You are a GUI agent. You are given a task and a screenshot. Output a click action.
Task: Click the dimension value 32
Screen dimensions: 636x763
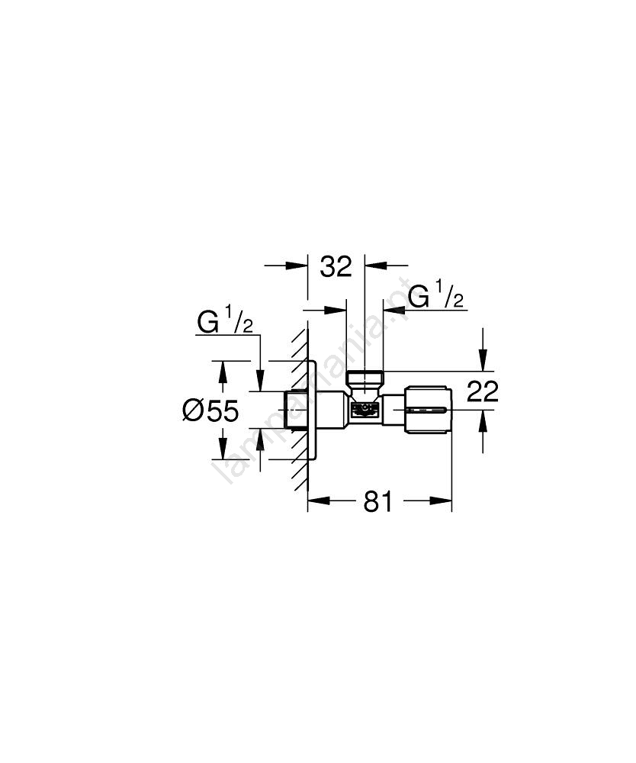(x=336, y=266)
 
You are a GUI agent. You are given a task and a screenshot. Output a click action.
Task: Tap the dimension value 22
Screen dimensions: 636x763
(x=483, y=391)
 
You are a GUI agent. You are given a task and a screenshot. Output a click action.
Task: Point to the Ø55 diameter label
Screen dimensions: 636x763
(x=210, y=410)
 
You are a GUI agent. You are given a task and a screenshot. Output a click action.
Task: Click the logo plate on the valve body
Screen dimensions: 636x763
(x=365, y=410)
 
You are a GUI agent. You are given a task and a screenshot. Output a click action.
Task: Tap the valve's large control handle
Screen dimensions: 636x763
(x=427, y=410)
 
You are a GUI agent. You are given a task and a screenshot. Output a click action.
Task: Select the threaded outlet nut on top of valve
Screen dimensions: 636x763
(x=365, y=378)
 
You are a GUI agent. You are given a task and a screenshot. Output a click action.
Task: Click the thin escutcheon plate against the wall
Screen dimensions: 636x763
(x=313, y=410)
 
